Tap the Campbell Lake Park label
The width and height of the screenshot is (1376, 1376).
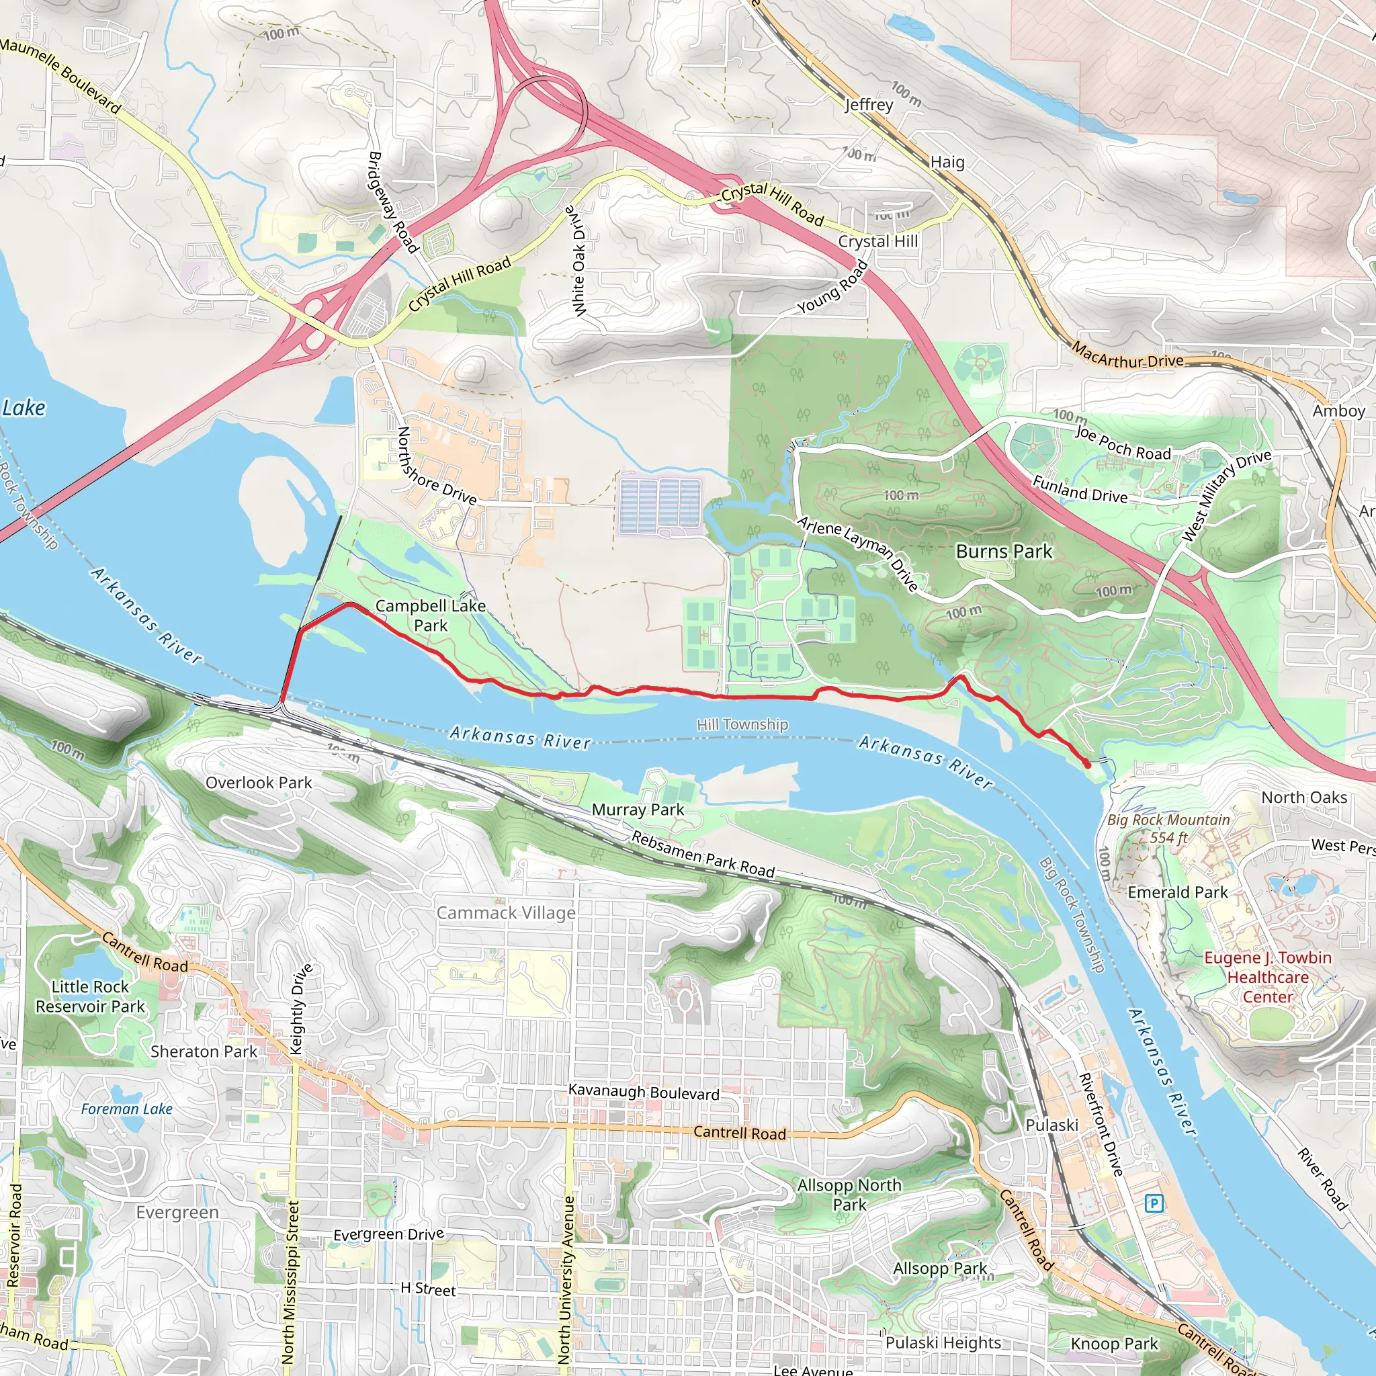click(430, 615)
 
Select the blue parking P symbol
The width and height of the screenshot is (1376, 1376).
click(1154, 1203)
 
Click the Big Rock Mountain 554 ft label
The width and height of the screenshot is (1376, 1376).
click(1168, 828)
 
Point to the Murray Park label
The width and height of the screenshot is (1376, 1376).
click(638, 810)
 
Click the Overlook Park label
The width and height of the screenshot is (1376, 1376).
click(259, 783)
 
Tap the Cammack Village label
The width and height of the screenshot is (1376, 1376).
click(506, 912)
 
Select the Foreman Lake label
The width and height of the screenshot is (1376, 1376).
click(127, 1109)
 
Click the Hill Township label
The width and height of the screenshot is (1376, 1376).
click(742, 724)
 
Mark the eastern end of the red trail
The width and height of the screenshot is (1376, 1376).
click(1087, 764)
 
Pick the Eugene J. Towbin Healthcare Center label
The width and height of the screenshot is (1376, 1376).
click(1268, 977)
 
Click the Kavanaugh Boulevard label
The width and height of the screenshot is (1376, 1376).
click(644, 1092)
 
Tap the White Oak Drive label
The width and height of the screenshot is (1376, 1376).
click(579, 261)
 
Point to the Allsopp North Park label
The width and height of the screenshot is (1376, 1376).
click(850, 1195)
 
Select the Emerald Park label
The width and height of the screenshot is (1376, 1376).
click(1178, 892)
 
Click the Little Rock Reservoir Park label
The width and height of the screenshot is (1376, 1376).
click(91, 996)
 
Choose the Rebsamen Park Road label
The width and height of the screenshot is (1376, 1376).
click(703, 855)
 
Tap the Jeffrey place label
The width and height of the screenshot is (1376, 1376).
click(869, 105)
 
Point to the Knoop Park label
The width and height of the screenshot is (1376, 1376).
click(1115, 1343)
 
